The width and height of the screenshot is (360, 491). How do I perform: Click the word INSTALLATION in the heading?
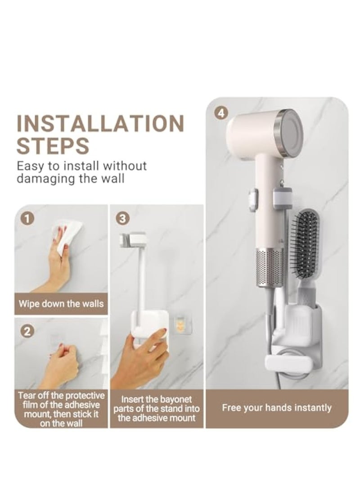[100, 124]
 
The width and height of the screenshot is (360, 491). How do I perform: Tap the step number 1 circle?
[27, 219]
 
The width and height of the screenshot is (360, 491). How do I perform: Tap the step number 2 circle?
[27, 332]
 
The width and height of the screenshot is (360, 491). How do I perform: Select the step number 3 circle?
[123, 219]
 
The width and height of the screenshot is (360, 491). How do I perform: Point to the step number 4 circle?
[220, 113]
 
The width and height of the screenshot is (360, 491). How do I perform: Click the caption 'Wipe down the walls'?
[61, 303]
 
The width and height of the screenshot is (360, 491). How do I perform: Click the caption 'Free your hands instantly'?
[276, 408]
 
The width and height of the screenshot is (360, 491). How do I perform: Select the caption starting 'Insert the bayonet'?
[156, 409]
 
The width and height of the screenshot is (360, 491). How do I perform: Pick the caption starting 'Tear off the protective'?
[61, 410]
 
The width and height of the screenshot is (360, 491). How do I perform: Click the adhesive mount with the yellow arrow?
[180, 322]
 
